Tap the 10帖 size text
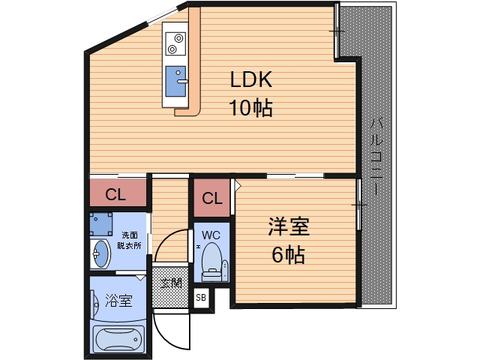(x=250, y=109)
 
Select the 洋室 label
(x=289, y=226)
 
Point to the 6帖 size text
(x=289, y=255)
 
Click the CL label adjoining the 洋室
(x=212, y=199)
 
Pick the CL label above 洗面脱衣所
(x=115, y=195)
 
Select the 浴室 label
(x=118, y=301)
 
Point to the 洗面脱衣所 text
(x=130, y=240)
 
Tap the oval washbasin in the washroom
(x=100, y=256)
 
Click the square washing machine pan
(x=100, y=223)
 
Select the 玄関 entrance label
(x=171, y=283)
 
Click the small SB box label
(x=201, y=298)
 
